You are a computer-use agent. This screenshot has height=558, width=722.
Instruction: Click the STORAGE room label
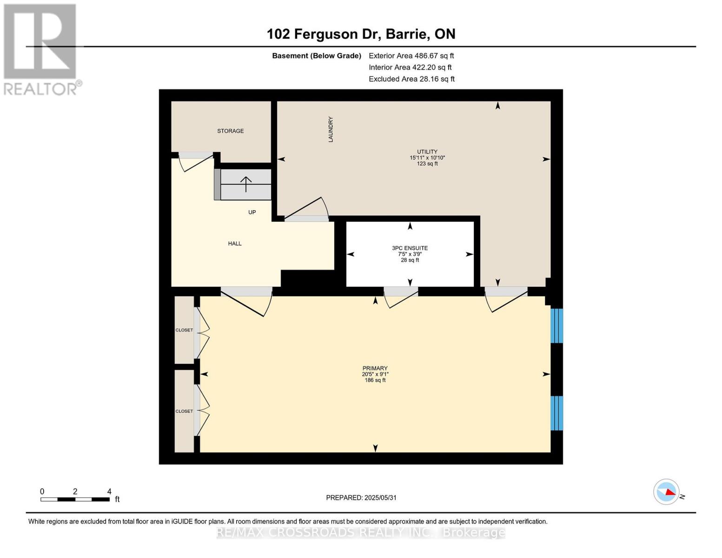pyautogui.click(x=230, y=131)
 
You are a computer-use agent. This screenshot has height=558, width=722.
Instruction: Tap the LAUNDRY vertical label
pyautogui.click(x=331, y=129)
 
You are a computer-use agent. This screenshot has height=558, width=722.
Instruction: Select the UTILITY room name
pyautogui.click(x=427, y=152)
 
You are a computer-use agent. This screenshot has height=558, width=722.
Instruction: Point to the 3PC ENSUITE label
pyautogui.click(x=410, y=248)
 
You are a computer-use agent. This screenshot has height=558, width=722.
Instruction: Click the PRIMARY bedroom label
pyautogui.click(x=375, y=368)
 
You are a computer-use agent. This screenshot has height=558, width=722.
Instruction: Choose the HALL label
pyautogui.click(x=234, y=244)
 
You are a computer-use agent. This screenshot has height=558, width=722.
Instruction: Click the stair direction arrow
pyautogui.click(x=245, y=184)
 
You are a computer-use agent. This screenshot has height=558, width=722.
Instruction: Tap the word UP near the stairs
pyautogui.click(x=252, y=213)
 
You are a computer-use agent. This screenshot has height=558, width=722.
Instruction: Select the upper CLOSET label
pyautogui.click(x=184, y=330)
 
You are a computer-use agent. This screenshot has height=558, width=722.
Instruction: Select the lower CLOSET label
pyautogui.click(x=184, y=412)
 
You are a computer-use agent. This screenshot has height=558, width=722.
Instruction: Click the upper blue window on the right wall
pyautogui.click(x=556, y=325)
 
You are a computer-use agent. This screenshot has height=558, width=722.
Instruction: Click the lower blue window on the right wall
pyautogui.click(x=556, y=413)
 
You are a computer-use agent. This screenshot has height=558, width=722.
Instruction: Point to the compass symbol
pyautogui.click(x=666, y=492)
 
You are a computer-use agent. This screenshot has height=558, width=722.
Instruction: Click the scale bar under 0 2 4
pyautogui.click(x=75, y=499)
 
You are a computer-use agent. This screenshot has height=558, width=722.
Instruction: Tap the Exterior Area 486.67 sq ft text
pyautogui.click(x=411, y=56)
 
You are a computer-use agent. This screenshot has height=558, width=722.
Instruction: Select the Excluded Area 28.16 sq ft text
pyautogui.click(x=411, y=79)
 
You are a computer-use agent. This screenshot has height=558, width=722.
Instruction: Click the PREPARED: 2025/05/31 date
pyautogui.click(x=361, y=498)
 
